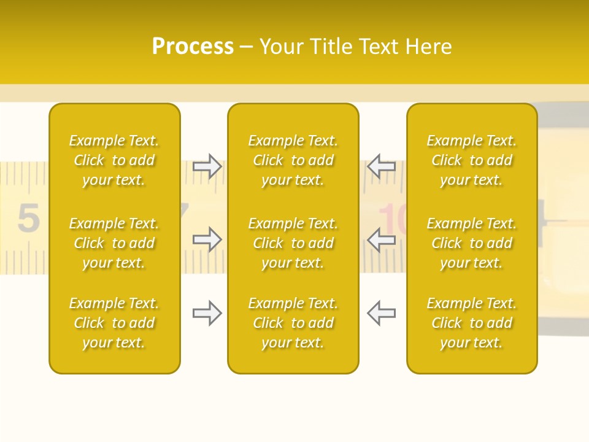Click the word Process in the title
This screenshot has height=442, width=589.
coord(193,47)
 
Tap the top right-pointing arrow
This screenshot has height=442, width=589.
coord(207,166)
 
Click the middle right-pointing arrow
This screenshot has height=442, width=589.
coord(207,239)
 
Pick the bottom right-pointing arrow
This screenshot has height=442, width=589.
coord(207,313)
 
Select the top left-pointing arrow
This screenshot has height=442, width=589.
coord(381,166)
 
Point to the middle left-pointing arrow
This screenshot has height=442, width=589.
coord(381,239)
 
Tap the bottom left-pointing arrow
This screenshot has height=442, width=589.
coord(381,313)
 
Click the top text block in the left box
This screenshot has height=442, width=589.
coord(114,160)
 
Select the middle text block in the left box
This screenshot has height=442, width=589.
coord(114,243)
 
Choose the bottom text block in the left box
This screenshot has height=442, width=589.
coord(114,323)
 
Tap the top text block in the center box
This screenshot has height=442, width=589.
coord(293,160)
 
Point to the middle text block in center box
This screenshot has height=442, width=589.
coord(293,243)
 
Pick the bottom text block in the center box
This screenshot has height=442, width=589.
coord(293,323)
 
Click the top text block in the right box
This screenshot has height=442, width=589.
coord(472,160)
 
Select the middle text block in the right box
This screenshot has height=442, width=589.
coord(472,243)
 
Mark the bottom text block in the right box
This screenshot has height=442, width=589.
coord(472,323)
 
